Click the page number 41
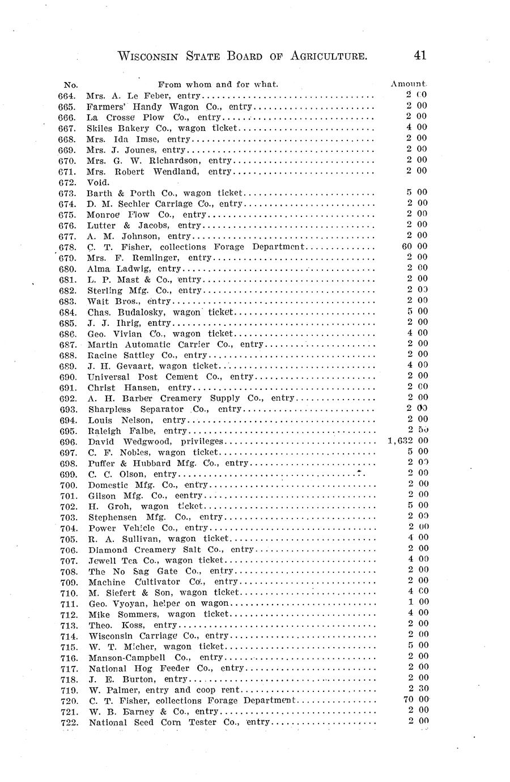[x=420, y=55]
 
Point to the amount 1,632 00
[x=408, y=441]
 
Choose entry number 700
[x=68, y=484]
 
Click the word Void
[x=98, y=182]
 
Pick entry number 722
[x=69, y=722]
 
